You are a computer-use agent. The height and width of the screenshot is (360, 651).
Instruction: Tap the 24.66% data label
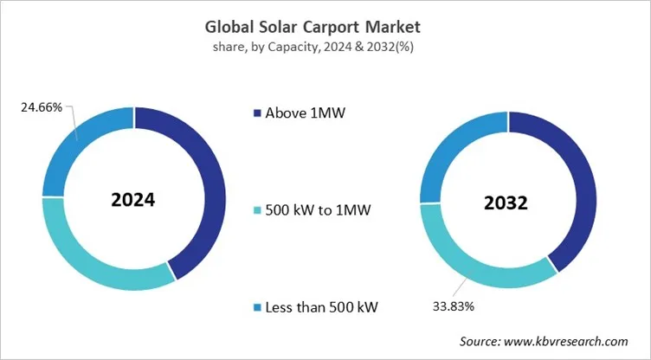pos(39,107)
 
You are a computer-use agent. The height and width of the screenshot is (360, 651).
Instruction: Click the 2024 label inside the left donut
pos(132,200)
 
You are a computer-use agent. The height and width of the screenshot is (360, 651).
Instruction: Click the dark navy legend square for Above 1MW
pos(257,112)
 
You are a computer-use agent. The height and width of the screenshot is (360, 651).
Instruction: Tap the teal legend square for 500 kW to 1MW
pos(257,210)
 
